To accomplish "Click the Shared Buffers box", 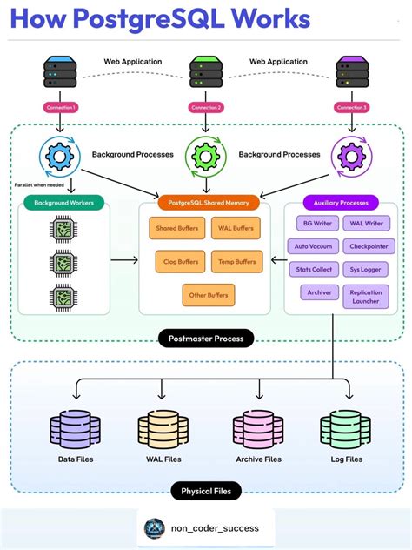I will coord(176,229).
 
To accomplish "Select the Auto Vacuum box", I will coord(313,246).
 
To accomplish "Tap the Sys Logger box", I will coord(365,270).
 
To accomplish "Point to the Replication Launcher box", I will coord(365,297).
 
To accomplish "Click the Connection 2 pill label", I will coord(206,107).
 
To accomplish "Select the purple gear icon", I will coord(352,157).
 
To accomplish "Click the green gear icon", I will coord(206,157).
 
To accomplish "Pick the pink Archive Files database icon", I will coord(258,430).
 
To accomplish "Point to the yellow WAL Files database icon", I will coord(162,430).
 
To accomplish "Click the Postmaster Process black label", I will coord(206,338).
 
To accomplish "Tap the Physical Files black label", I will coord(206,492).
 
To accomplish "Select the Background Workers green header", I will coord(63,203).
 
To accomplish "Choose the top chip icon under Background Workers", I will coord(63,230).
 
